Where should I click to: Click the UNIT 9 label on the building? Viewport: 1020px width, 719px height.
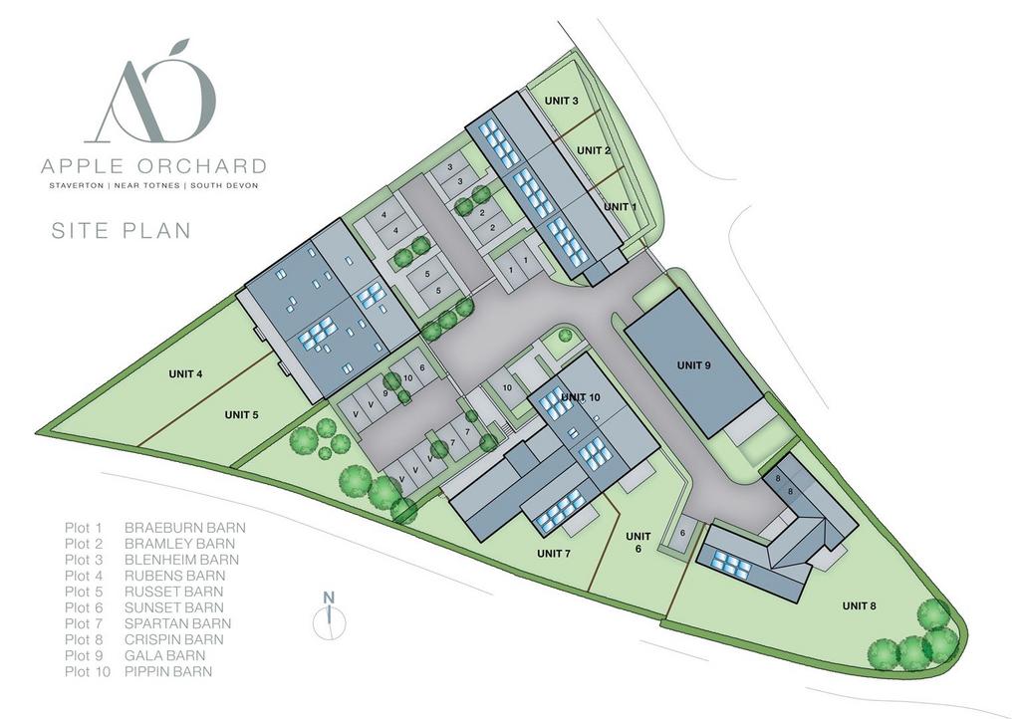693,365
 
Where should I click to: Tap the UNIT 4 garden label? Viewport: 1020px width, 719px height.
185,374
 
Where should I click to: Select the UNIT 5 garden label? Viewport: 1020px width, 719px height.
241,415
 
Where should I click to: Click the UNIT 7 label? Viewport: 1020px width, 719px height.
553,554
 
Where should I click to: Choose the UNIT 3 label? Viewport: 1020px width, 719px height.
562,101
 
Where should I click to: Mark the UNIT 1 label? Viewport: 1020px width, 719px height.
619,207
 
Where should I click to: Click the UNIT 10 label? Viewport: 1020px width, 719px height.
581,398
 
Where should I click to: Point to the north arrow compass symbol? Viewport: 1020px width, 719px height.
328,617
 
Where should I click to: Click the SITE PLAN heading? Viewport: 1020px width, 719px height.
121,231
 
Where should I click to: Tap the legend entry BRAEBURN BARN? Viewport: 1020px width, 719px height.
184,528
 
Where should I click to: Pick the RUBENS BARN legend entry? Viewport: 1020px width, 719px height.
174,576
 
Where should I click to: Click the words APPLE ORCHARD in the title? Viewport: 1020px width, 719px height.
153,165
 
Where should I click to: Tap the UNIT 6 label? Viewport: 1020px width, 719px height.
637,543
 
